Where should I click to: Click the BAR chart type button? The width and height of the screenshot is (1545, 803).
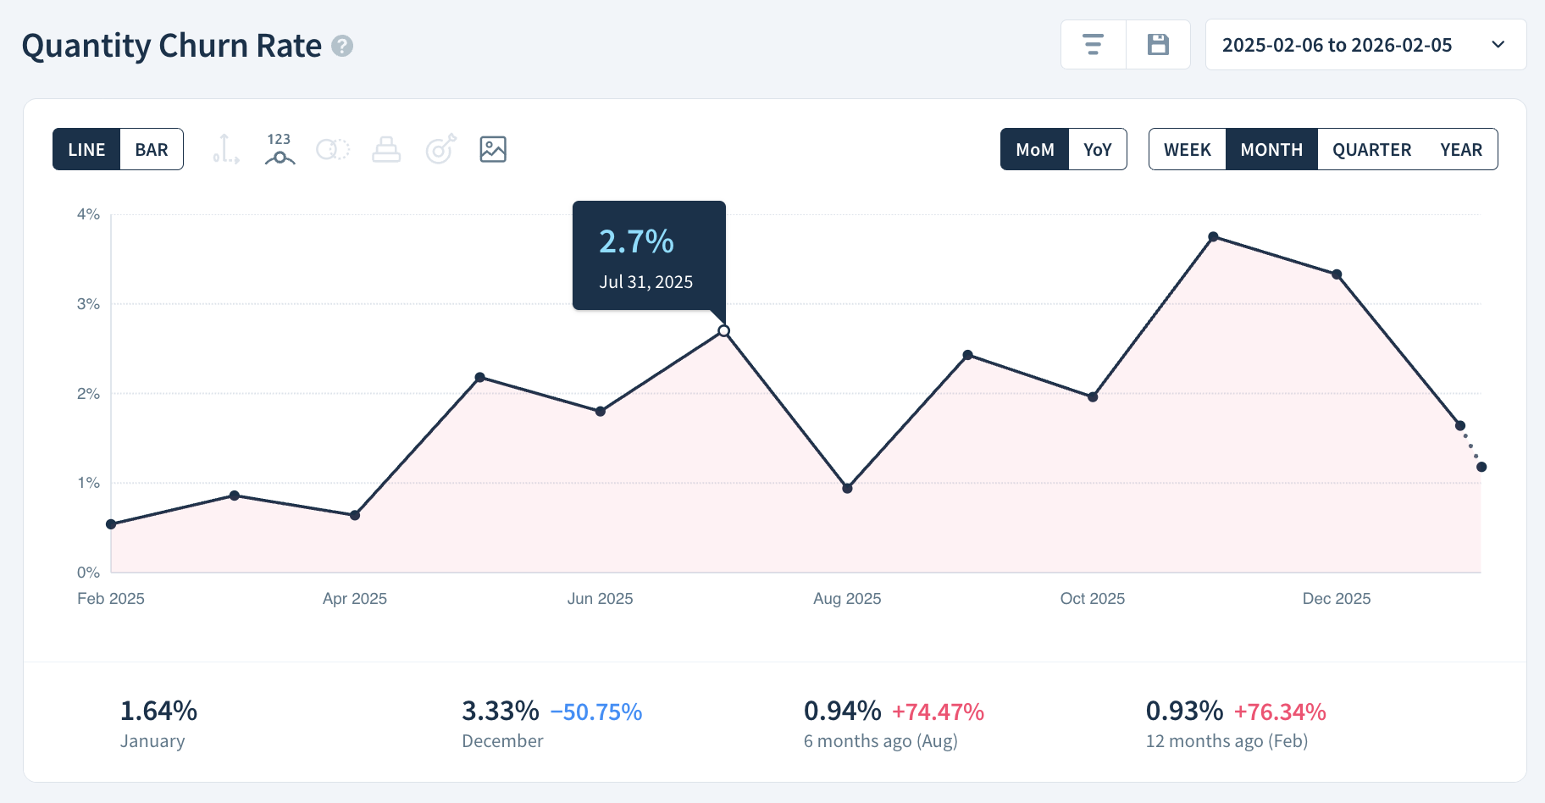point(152,150)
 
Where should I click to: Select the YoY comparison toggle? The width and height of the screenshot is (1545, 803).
point(1097,150)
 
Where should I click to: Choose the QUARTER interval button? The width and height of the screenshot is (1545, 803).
point(1371,150)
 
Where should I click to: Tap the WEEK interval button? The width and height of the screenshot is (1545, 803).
point(1187,150)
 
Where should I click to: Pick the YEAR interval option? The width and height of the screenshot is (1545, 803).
point(1460,150)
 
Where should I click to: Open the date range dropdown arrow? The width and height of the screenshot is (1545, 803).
point(1498,45)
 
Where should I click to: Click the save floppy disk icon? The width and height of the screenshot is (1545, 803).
point(1158,45)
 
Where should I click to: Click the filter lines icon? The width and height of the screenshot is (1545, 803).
point(1093,45)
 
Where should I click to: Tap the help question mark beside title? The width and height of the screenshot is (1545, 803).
point(342,46)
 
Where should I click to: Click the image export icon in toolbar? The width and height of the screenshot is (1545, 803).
point(493,149)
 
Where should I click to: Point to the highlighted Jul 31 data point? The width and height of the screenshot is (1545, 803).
point(723,331)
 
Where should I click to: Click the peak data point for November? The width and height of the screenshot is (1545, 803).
point(1213,237)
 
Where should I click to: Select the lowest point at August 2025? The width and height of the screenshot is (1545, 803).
point(847,488)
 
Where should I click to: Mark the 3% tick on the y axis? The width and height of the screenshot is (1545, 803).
point(88,304)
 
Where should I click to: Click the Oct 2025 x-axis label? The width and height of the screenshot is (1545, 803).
point(1092,599)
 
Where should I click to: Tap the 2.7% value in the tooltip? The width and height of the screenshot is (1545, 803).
point(636,242)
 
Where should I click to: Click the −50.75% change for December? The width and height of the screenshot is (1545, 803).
point(596,712)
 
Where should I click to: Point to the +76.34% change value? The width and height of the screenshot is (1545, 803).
point(1279,712)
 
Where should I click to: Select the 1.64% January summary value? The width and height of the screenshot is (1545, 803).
point(158,711)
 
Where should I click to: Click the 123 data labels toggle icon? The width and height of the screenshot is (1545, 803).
point(279,149)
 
